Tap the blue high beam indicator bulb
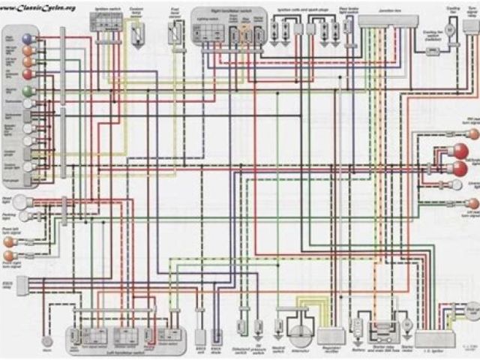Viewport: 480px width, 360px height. (27, 37)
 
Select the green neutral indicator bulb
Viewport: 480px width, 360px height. (27, 91)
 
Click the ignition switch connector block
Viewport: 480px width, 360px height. (105, 22)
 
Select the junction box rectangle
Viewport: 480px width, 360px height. (388, 20)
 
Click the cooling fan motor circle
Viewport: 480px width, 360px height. (451, 29)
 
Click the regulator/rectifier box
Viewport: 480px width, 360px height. (331, 335)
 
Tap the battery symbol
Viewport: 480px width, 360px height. (358, 331)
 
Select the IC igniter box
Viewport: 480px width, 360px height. (434, 339)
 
